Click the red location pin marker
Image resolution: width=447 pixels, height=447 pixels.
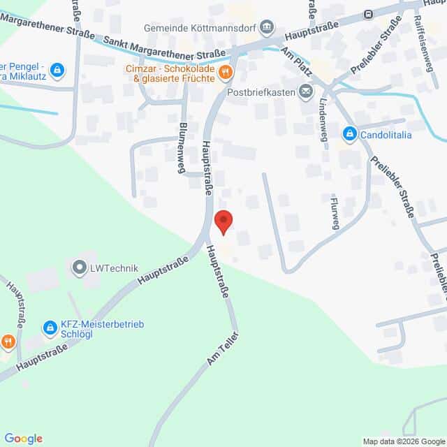click(x=223, y=223)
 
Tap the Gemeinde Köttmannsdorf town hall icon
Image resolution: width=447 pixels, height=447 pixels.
click(x=267, y=28)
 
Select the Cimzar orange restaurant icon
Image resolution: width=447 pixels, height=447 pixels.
click(x=224, y=71)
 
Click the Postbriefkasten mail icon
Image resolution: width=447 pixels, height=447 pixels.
click(x=306, y=91)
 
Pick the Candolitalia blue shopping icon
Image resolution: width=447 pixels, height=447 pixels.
click(x=349, y=133)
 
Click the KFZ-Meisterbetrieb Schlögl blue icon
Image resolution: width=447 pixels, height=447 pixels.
click(x=50, y=327)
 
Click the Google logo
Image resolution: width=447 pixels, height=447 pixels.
click(x=23, y=438)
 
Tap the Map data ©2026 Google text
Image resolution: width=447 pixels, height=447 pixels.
click(x=404, y=441)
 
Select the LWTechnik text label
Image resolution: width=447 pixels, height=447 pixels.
click(x=115, y=268)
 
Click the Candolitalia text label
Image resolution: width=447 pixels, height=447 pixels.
click(x=388, y=133)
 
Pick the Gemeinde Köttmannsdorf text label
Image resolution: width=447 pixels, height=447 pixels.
click(x=199, y=28)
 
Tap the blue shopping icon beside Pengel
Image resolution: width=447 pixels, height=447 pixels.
click(x=57, y=70)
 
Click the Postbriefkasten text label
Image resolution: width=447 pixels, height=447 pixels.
click(x=262, y=91)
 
